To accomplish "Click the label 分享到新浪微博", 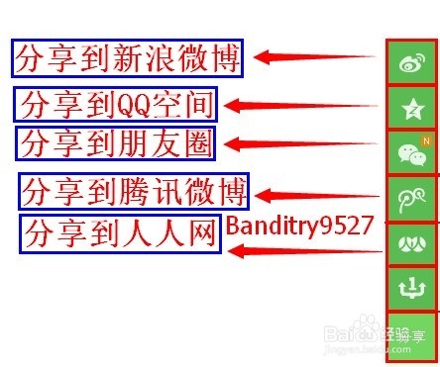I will click(128, 58).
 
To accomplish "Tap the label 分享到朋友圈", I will click(115, 143).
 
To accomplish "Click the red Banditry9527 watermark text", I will click(298, 225).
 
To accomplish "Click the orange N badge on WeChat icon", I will click(426, 140).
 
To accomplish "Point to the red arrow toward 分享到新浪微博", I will click(312, 57).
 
